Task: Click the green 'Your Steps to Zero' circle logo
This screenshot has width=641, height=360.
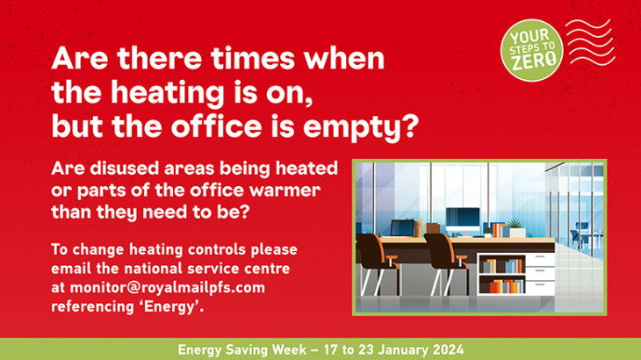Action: tap(532, 50)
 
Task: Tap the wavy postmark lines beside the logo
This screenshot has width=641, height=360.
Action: tap(590, 42)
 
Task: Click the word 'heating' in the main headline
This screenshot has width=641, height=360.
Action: tap(168, 94)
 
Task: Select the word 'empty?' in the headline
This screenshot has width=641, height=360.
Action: tap(361, 127)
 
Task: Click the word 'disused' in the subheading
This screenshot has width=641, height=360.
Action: tap(125, 169)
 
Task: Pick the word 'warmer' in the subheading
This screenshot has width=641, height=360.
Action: tap(284, 191)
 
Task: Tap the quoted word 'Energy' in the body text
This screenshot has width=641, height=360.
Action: tap(169, 307)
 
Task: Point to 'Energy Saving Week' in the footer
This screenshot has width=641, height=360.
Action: tap(242, 349)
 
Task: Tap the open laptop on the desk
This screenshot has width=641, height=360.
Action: tap(402, 228)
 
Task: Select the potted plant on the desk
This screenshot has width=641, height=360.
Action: tap(516, 228)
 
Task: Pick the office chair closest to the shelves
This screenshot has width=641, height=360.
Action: tap(446, 263)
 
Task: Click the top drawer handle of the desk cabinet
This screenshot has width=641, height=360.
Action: tap(540, 256)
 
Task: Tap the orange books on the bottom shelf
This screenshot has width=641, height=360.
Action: tap(501, 286)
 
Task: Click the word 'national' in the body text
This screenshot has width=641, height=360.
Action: tap(154, 269)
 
